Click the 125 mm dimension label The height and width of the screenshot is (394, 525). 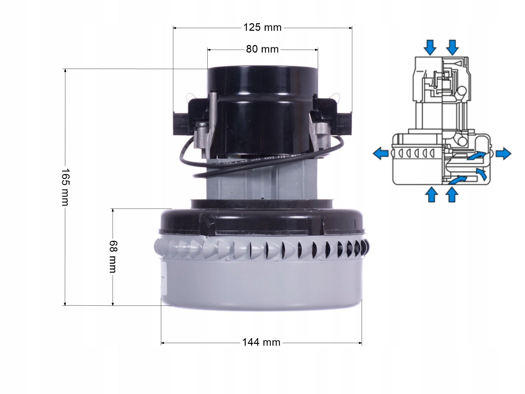[262, 27]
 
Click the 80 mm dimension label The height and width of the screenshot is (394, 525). [262, 49]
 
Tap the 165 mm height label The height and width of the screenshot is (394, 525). [65, 187]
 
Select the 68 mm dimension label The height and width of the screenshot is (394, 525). [113, 257]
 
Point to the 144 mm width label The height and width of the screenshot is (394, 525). [261, 343]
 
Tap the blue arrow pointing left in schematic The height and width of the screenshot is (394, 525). [381, 153]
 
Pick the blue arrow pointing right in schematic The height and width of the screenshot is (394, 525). [503, 153]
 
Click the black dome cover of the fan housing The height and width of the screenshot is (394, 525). [262, 221]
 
